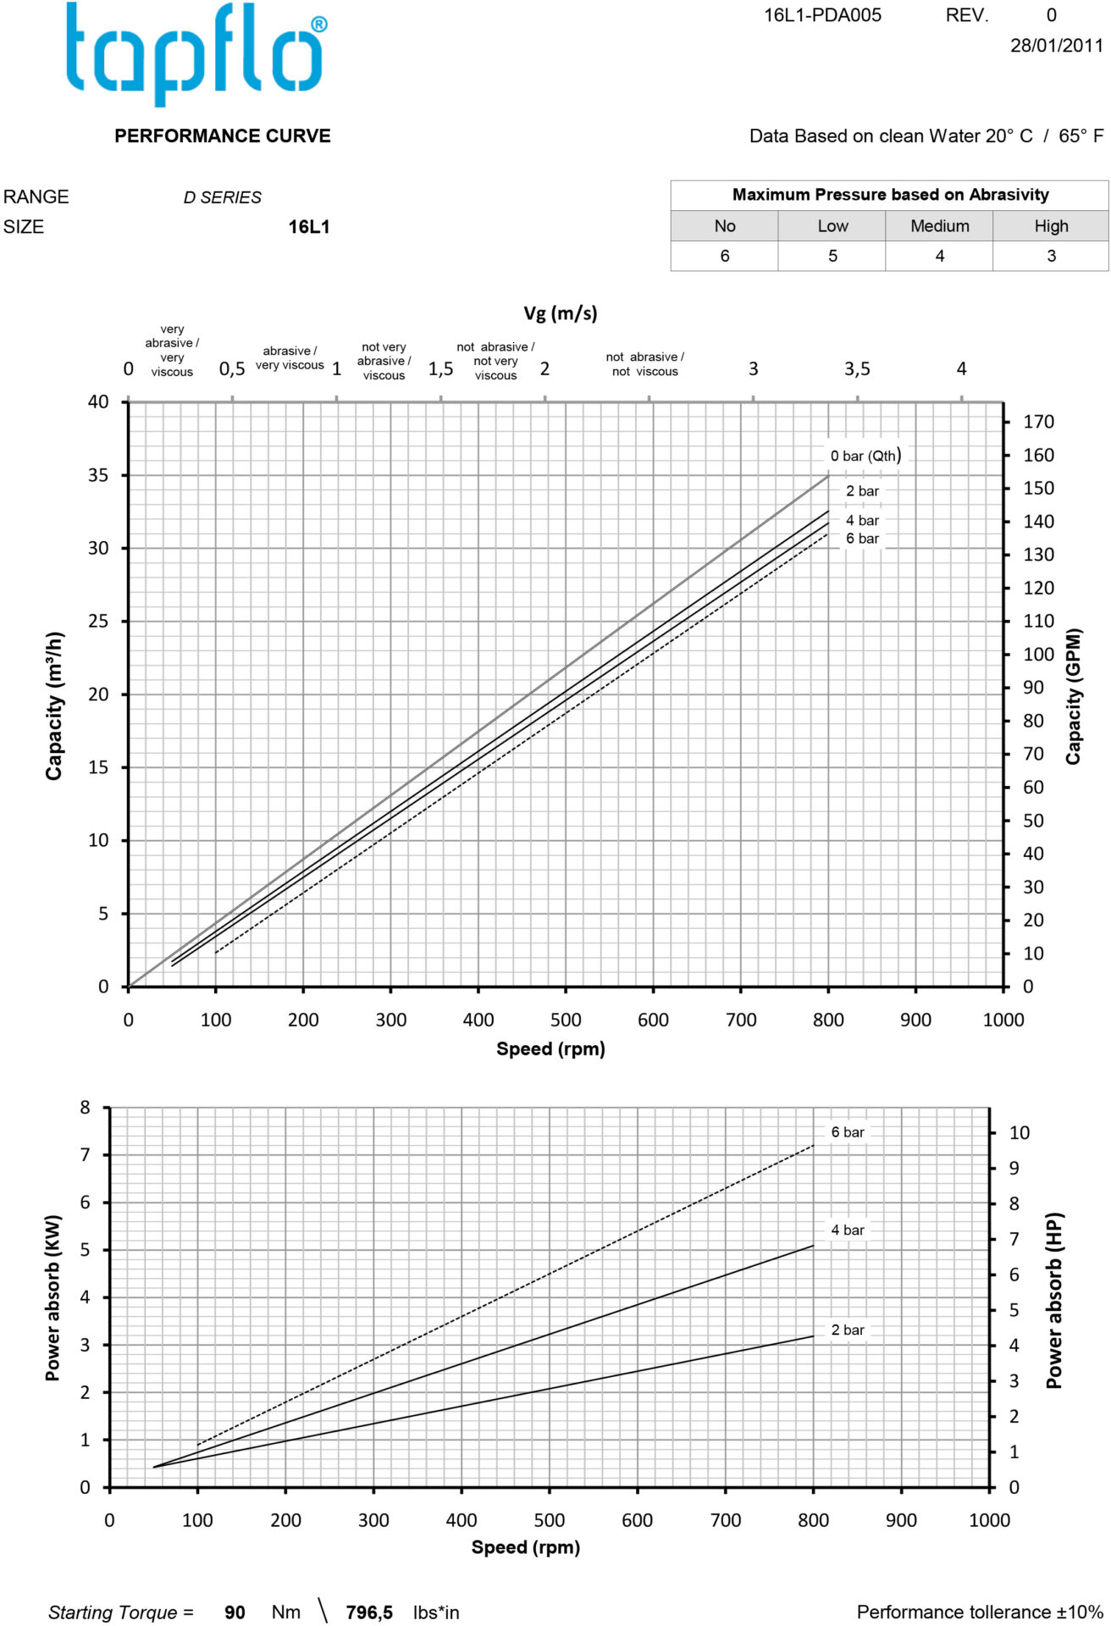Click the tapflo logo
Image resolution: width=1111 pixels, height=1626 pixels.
point(196,53)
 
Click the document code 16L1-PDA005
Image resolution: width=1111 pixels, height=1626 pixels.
point(822,15)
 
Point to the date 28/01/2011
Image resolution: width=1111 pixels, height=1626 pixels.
point(1056,46)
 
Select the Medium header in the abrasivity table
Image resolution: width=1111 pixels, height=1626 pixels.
point(939,226)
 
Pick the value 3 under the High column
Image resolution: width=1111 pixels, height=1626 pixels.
point(1051,256)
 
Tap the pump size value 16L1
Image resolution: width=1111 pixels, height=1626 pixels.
point(309,227)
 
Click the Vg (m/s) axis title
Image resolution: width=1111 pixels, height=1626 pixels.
point(560,313)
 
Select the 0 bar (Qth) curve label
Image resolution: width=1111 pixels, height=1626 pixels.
point(865,456)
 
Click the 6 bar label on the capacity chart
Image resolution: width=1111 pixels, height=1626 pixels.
point(862,539)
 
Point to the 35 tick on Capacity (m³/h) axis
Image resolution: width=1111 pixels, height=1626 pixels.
point(98,475)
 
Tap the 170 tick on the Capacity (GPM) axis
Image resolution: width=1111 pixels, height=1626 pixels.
point(1038,422)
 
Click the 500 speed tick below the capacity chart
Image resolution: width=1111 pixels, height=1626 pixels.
point(566,1020)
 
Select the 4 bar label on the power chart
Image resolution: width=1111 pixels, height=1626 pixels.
point(848,1230)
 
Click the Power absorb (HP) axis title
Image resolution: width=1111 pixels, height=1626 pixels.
point(1053,1300)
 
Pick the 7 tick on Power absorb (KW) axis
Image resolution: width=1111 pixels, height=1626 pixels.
point(85,1154)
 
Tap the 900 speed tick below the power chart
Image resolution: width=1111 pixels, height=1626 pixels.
point(901,1520)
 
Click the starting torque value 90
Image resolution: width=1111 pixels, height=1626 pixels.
point(235,1612)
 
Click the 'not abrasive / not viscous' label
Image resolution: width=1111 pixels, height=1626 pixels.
point(644,364)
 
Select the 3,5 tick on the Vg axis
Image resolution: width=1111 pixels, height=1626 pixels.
point(857,369)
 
